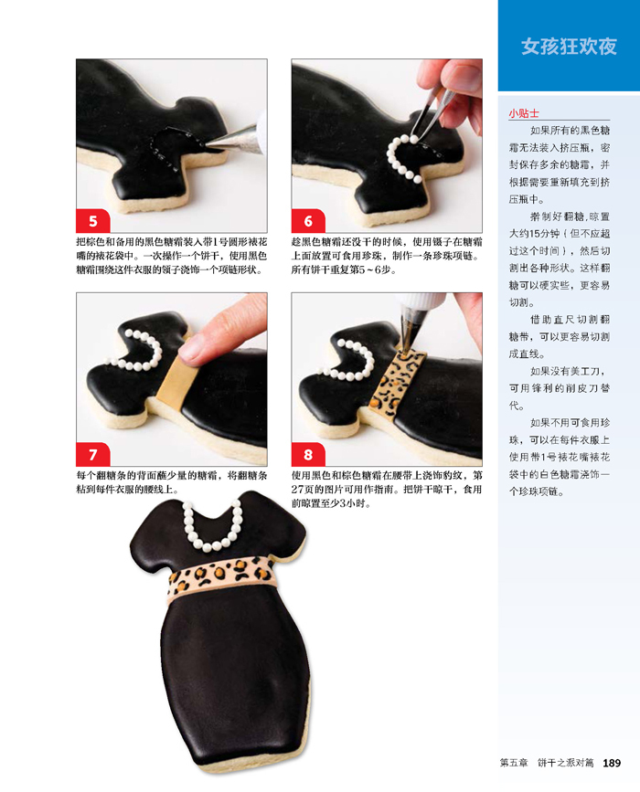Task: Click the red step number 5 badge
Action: (93, 221)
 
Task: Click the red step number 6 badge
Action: (308, 221)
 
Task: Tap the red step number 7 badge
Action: (93, 454)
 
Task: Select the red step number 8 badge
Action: (308, 454)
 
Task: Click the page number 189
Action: (612, 763)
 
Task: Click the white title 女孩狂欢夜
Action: (569, 47)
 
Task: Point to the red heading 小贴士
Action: (524, 113)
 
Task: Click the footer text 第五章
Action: (514, 763)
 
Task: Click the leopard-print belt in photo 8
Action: (398, 383)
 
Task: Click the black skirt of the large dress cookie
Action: (235, 677)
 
